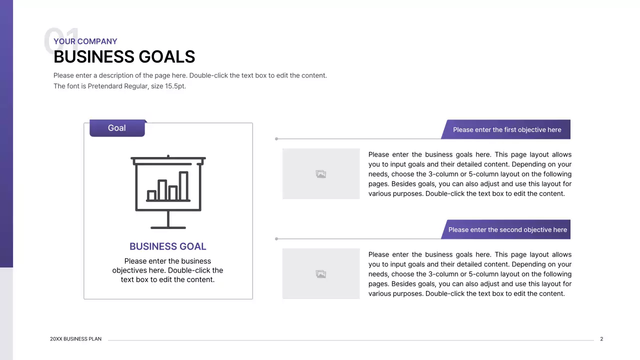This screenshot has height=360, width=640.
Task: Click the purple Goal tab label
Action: point(117,128)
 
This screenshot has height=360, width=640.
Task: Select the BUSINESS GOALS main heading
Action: point(124,57)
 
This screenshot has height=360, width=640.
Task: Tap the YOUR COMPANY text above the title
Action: point(85,41)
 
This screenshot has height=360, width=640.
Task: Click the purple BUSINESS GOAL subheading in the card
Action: point(167,246)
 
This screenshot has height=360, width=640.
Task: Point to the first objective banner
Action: point(506,130)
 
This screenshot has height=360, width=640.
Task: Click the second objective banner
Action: point(506,230)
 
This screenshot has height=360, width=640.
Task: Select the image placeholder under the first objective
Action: point(321,174)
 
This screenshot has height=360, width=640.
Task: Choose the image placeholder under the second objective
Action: point(321,274)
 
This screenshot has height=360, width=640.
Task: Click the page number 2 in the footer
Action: point(601,339)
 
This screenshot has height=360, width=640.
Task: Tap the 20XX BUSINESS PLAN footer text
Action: point(75,339)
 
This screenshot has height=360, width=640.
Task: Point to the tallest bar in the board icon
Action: point(183,186)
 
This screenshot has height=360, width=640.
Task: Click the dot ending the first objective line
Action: point(276,139)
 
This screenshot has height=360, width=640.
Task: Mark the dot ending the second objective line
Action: point(276,239)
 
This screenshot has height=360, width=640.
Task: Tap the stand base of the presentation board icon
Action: point(168,227)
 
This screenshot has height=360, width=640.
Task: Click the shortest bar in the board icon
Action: point(151,195)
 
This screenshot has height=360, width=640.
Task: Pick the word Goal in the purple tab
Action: point(117,128)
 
